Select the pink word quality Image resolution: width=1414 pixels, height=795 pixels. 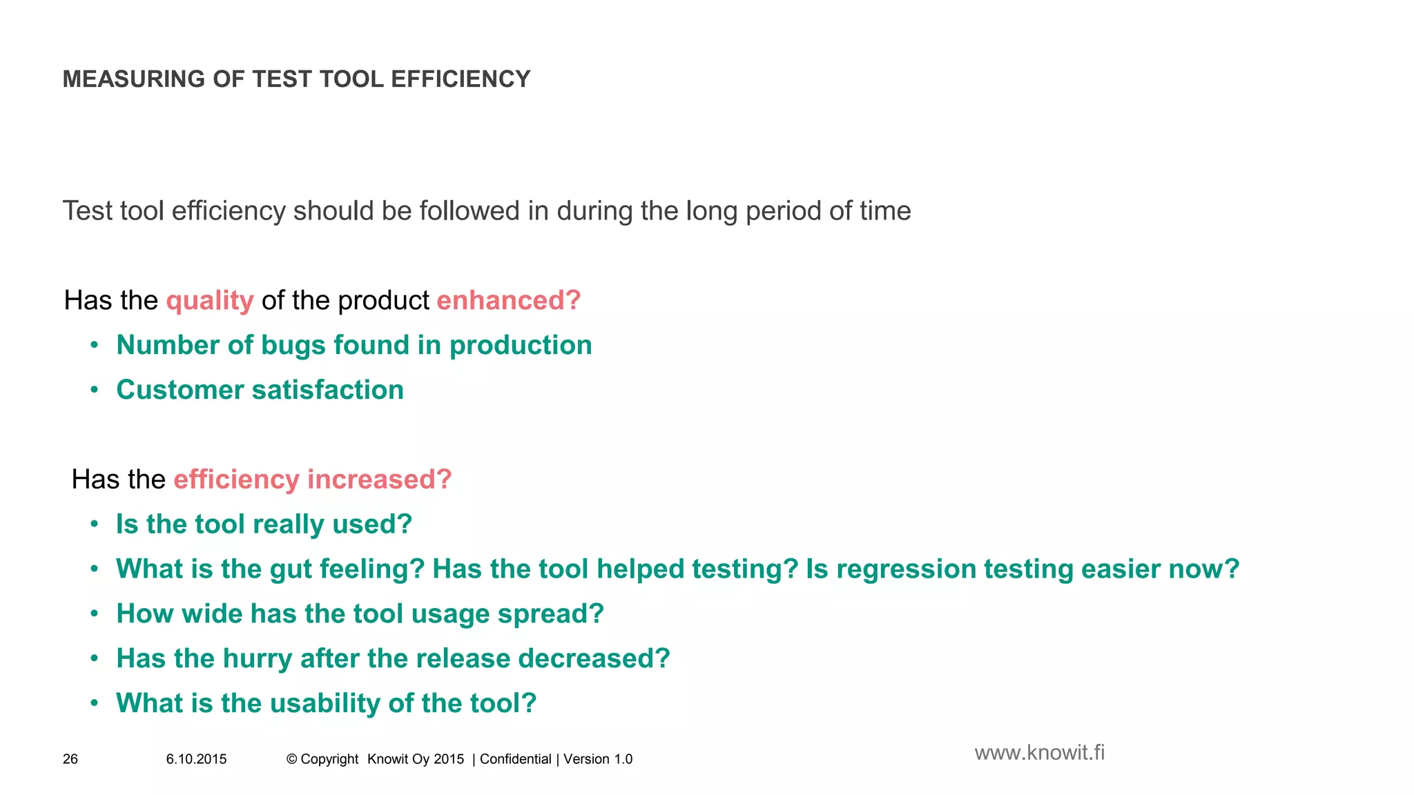tap(210, 301)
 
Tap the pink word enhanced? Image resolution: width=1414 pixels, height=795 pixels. tap(509, 301)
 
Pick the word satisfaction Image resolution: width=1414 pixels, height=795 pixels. tap(328, 390)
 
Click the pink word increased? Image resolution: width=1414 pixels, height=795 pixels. tap(379, 480)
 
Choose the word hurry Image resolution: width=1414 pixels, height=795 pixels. tap(258, 659)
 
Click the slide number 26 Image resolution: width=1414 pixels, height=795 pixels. tap(70, 759)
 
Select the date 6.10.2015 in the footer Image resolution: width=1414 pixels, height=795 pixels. tap(196, 759)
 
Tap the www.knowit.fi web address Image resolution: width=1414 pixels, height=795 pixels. tap(1039, 753)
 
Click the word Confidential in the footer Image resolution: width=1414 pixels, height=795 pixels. tap(516, 759)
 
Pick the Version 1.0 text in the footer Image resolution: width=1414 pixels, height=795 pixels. tap(598, 759)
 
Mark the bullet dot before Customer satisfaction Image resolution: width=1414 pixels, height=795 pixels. tap(95, 390)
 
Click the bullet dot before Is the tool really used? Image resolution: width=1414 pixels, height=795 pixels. tap(95, 524)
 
